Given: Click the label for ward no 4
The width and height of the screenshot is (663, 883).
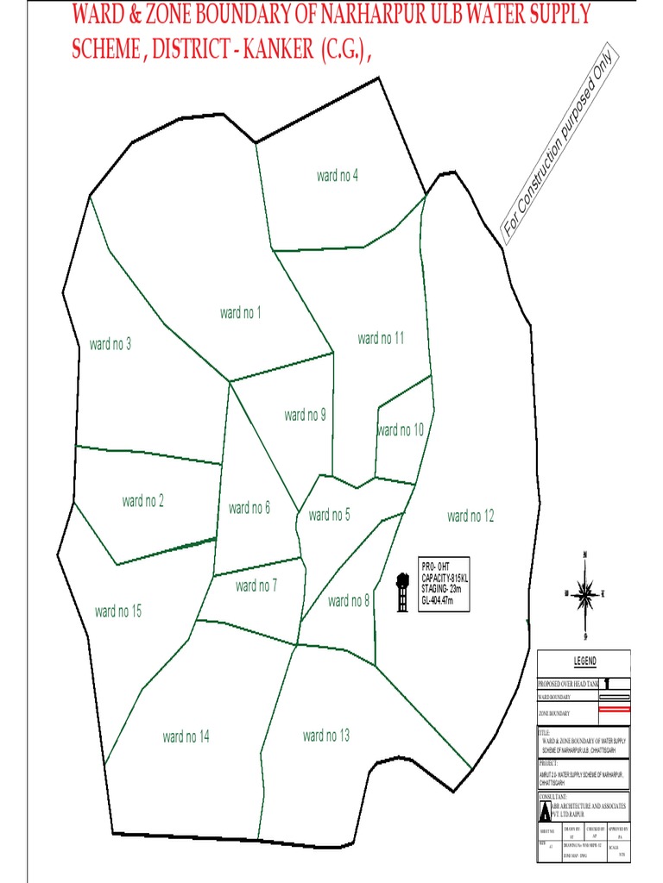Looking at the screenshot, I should pos(338,176).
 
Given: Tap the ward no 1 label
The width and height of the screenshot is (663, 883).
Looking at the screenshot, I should pos(241,312).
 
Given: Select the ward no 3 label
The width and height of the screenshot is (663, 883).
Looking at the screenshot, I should pos(110,344).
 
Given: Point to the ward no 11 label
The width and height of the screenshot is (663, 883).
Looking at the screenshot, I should pos(381,338).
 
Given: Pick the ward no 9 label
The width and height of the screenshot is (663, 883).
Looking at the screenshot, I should pos(305,415).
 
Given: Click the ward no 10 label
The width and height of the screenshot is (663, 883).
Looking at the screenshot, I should pos(401,429).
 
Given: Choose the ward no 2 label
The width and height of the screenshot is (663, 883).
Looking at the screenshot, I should pos(143,501).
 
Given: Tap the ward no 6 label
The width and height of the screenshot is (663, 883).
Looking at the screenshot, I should pos(249,508).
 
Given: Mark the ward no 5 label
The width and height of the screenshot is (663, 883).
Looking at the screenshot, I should pos(329,515).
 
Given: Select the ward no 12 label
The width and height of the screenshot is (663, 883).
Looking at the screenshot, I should pos(470,516).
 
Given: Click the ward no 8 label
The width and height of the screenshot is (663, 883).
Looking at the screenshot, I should pos(349,600).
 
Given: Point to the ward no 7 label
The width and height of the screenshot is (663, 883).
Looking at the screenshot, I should pos(256,586).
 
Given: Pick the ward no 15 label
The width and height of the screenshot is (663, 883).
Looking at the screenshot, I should pos(118,611).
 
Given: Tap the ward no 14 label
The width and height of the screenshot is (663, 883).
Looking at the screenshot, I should pos(186,736).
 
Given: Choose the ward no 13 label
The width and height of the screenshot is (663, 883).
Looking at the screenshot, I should pos(326,736).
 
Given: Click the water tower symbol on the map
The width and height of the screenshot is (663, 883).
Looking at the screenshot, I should pos(401,593).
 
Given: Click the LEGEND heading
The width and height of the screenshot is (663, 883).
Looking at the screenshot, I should pos(584,661).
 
